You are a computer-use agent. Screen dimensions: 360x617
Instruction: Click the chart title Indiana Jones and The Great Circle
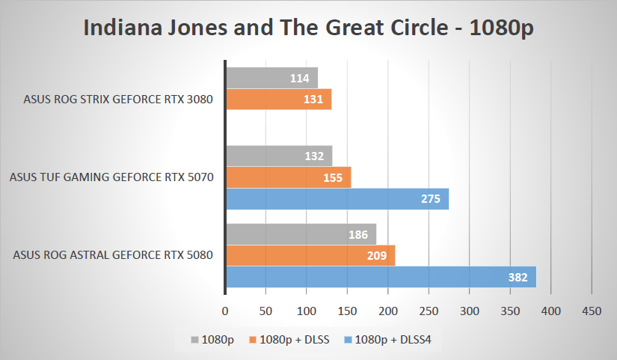point(309,28)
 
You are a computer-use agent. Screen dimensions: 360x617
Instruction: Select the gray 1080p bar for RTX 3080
point(271,78)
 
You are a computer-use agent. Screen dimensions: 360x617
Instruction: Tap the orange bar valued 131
point(278,100)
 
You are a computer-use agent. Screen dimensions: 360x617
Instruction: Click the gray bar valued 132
point(278,156)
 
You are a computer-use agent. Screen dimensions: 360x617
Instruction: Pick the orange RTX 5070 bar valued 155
point(288,178)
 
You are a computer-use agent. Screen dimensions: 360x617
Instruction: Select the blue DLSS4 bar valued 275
point(337,199)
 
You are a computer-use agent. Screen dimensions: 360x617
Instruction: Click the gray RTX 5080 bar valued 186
point(301,234)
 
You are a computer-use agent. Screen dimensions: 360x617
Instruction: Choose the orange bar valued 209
point(310,256)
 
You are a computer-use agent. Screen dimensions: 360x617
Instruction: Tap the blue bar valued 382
point(381,277)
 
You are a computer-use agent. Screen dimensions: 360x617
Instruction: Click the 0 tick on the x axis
point(225,310)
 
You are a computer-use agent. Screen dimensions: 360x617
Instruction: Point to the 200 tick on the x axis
point(388,310)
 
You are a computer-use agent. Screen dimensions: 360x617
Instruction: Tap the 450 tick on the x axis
point(592,310)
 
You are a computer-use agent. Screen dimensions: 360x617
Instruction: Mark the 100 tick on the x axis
point(307,310)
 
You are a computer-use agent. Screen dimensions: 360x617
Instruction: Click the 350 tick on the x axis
point(510,310)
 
